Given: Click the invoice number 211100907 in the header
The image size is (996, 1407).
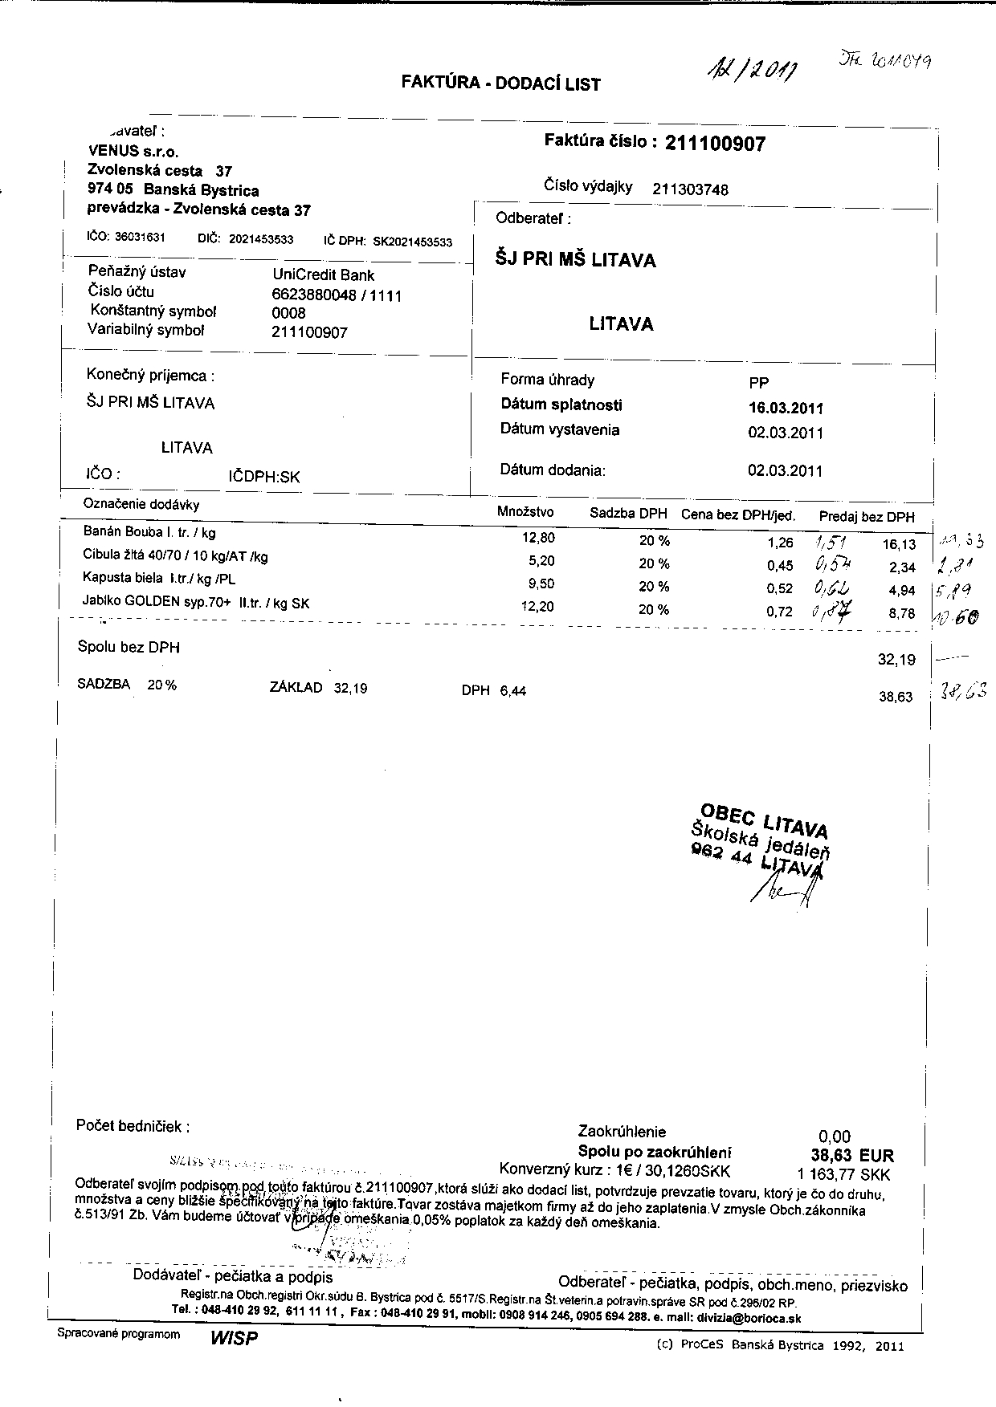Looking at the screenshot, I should tap(716, 144).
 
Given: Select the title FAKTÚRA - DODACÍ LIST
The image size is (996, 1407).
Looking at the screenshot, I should tap(500, 83).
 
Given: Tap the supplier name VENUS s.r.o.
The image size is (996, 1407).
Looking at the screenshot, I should tap(133, 151).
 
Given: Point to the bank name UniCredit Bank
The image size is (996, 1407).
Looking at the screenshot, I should tap(324, 274).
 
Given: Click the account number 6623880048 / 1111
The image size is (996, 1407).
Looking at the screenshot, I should tap(337, 295).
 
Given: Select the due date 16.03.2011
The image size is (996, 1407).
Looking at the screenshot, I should tap(786, 408).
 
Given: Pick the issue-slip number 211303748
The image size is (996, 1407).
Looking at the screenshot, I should tap(691, 189).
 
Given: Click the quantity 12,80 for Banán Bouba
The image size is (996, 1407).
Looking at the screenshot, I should tap(538, 538).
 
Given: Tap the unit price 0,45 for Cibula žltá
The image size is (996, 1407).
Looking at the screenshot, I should tap(780, 566).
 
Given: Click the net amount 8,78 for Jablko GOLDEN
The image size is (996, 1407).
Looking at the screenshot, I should tap(902, 613).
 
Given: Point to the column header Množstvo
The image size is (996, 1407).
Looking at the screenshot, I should tap(525, 511).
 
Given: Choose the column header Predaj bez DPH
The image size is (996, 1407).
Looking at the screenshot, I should tap(867, 517).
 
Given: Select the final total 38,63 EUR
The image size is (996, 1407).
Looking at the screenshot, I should tap(852, 1156).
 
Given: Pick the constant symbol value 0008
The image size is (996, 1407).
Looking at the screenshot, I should tap(289, 313).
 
